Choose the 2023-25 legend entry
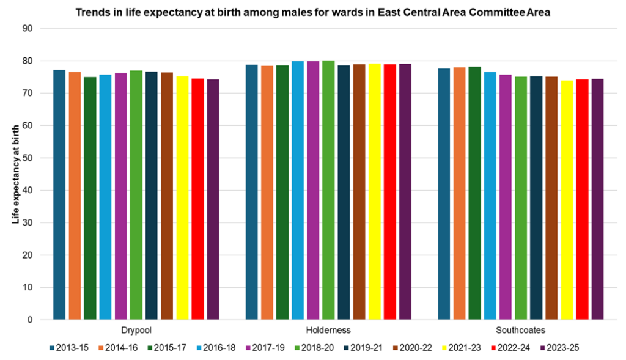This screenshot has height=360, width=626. [559, 348]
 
